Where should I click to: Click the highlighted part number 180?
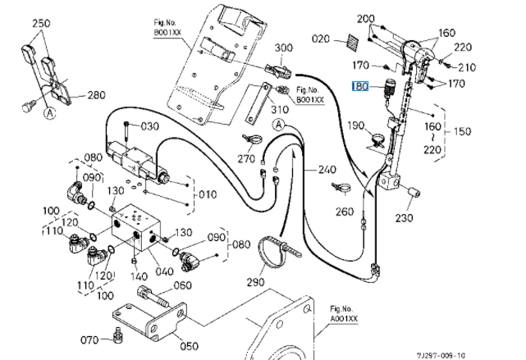point(359,85)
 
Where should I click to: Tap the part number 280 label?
point(96,96)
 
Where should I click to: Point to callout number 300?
point(283,48)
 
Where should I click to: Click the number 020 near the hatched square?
point(320,39)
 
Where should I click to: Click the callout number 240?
point(327,170)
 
